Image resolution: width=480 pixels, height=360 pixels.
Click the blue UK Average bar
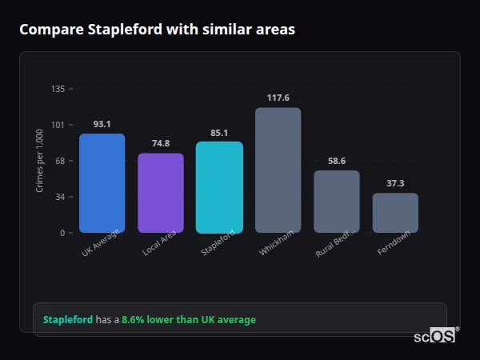102,183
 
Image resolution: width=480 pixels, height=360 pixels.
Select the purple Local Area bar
161,193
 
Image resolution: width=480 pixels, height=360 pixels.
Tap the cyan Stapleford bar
219,187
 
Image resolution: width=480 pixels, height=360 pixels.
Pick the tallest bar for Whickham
278,170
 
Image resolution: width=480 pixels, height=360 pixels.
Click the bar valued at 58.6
336,202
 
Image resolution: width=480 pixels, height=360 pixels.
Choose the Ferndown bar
395,213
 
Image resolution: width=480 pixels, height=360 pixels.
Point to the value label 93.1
102,124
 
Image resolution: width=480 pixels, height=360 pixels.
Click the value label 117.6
278,98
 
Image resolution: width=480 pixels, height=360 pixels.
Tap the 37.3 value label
395,183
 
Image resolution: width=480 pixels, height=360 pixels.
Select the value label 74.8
161,143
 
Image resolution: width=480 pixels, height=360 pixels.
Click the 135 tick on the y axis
58,89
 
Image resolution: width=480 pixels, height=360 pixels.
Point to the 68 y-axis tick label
60,161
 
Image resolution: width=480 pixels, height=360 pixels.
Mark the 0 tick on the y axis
62,233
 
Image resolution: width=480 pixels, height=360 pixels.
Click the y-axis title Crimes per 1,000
40,161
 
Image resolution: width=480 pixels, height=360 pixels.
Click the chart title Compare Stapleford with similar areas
157,30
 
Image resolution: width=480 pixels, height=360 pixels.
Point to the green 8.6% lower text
189,320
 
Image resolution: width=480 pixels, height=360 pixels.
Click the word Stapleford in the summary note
68,320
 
